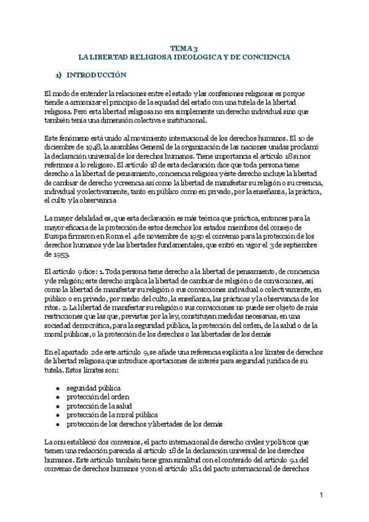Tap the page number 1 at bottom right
[x=321, y=496]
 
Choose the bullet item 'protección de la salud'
[x=99, y=406]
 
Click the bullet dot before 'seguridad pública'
[x=57, y=390]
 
